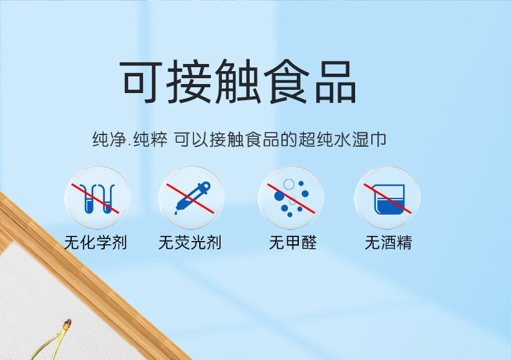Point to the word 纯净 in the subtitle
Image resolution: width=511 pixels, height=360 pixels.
[109, 140]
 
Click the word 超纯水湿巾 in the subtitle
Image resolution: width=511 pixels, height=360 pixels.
[342, 140]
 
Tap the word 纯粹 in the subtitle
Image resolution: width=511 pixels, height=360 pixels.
[150, 140]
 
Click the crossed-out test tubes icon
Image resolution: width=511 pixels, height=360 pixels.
[97, 198]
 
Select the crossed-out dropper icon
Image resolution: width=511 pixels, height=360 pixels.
[191, 198]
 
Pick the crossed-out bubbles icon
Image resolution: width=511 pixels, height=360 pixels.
[290, 198]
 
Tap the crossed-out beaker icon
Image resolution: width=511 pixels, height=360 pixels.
[387, 198]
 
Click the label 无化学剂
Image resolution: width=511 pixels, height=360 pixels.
[96, 242]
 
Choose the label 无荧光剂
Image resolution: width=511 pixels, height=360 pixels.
[190, 242]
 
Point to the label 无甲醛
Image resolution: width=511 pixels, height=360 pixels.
[292, 242]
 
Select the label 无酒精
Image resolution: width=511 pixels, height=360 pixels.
[388, 242]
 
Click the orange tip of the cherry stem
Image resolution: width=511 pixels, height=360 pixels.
[67, 324]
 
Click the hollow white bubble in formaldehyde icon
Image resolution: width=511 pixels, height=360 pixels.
[288, 184]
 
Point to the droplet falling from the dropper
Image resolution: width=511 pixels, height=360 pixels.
[176, 213]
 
